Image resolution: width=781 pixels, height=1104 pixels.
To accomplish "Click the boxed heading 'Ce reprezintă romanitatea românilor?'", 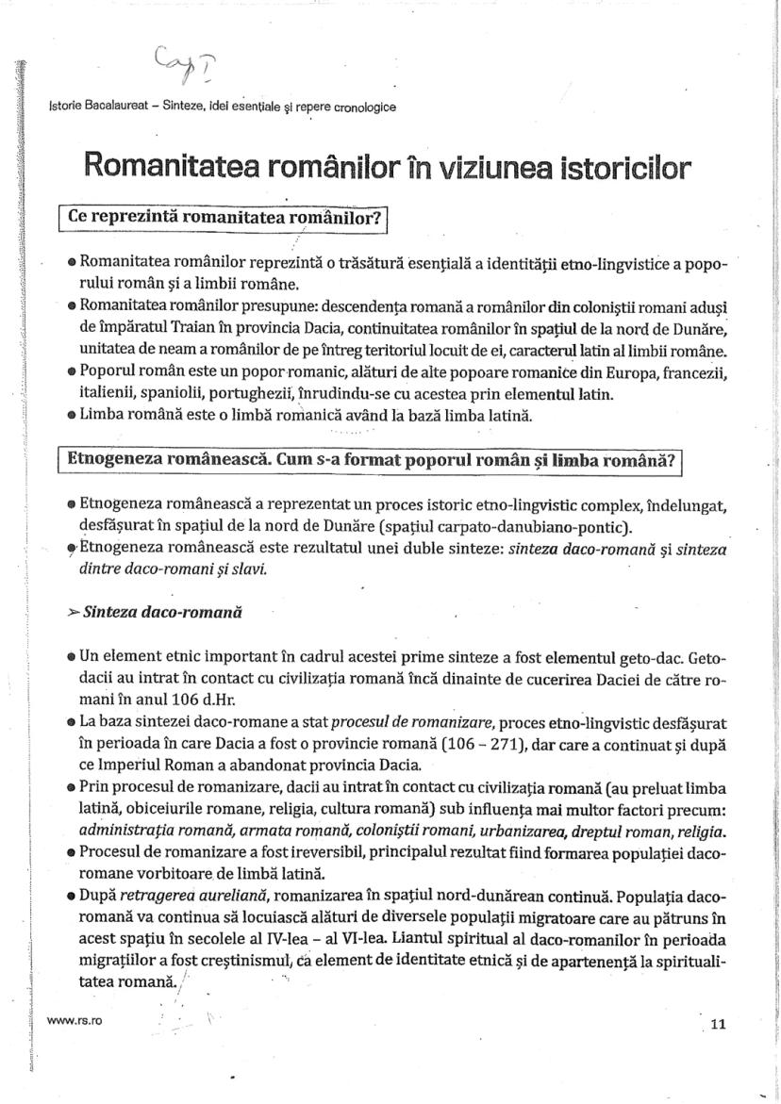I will [x=224, y=218].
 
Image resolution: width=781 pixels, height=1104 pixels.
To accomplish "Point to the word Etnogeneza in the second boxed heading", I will [x=118, y=461].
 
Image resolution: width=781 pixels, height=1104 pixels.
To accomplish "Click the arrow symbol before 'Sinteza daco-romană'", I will [x=74, y=612].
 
